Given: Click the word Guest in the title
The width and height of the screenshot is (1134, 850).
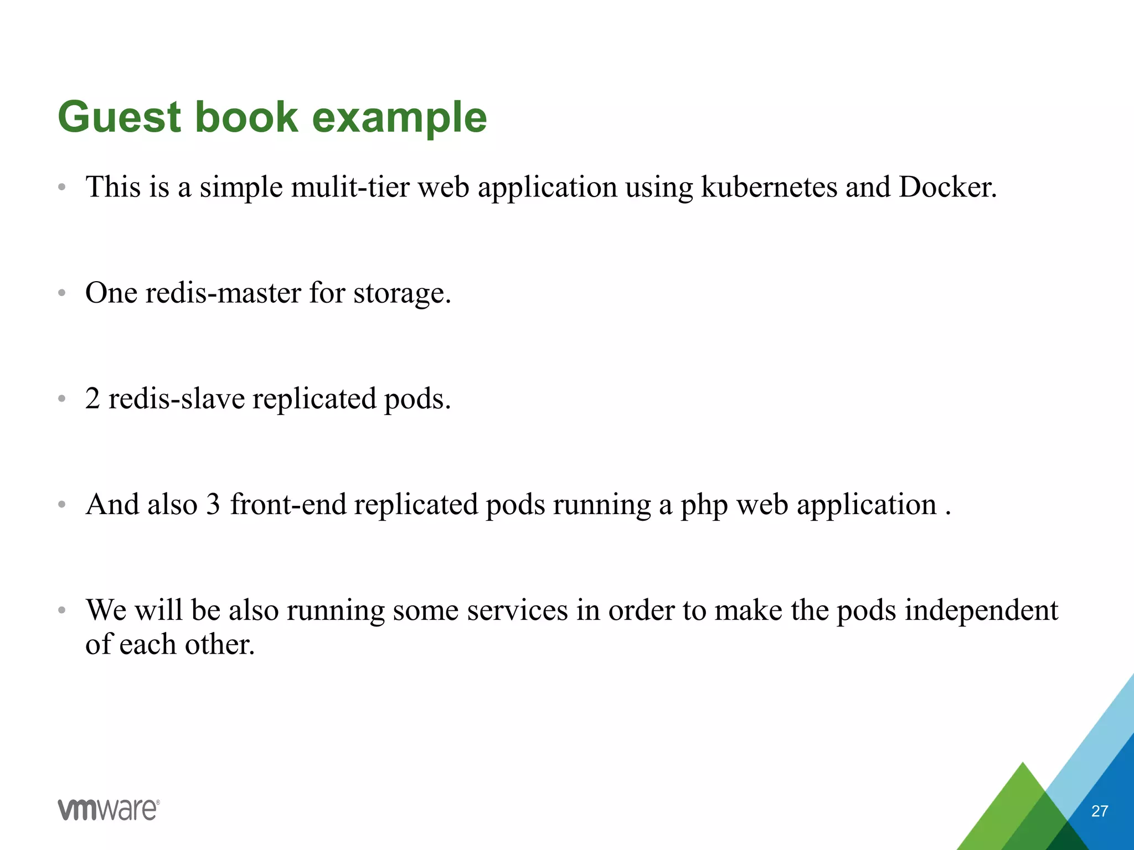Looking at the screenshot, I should click(x=119, y=117).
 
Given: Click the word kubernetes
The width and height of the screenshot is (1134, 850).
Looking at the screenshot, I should click(x=769, y=187).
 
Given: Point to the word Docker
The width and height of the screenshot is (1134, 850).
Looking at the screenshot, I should click(x=947, y=187).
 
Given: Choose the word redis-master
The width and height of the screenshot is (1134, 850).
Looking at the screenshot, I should click(x=223, y=293).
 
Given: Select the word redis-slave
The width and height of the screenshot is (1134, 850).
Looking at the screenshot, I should click(x=176, y=398).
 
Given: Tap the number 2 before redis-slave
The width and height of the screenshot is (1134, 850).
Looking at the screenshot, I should click(x=92, y=398).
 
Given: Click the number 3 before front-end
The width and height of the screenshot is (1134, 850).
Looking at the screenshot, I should click(x=213, y=505).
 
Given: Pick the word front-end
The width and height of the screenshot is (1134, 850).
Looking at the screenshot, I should click(x=288, y=505).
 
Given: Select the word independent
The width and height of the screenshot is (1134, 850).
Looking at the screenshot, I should click(x=981, y=610).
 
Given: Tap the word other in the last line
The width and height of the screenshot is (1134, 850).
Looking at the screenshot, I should click(x=219, y=645).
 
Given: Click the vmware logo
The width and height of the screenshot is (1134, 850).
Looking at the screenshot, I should click(x=109, y=810).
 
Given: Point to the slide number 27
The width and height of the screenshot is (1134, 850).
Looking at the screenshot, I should click(x=1099, y=811).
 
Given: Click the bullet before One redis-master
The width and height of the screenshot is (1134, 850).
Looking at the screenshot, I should click(x=62, y=293).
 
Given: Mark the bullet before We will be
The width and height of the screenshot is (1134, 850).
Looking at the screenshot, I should click(x=62, y=610).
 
